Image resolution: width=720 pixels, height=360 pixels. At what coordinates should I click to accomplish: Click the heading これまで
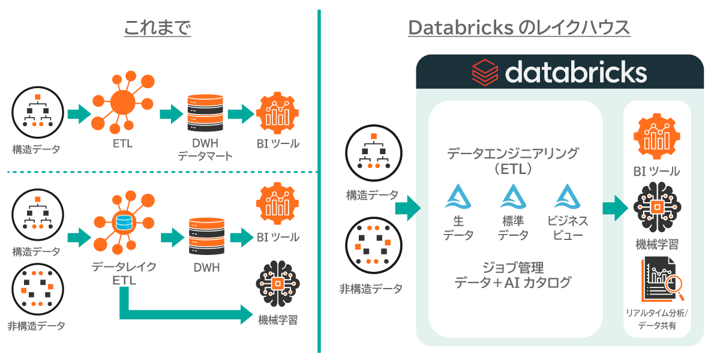(x=157, y=28)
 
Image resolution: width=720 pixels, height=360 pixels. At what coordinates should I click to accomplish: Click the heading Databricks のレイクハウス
(x=518, y=28)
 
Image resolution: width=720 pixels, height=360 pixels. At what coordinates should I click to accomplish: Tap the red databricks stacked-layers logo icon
(x=485, y=72)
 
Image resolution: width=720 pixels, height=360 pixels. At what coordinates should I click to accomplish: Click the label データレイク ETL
(x=124, y=273)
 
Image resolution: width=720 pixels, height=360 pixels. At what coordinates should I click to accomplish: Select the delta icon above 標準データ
(x=513, y=196)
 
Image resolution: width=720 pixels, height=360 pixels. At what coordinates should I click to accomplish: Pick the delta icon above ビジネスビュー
(x=567, y=196)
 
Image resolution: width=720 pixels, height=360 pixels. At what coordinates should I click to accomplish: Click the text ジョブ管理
(x=513, y=266)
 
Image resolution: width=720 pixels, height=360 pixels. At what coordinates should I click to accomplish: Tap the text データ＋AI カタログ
(x=513, y=282)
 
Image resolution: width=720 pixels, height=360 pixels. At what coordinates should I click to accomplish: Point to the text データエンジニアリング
(x=513, y=154)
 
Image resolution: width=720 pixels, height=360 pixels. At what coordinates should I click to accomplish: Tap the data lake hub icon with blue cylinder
(x=124, y=224)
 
